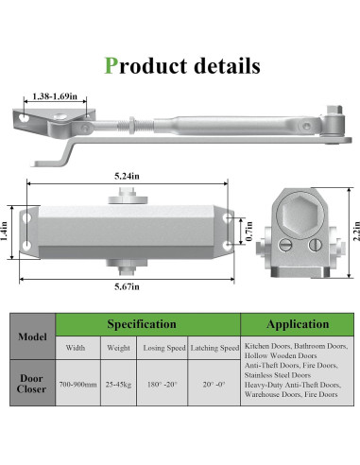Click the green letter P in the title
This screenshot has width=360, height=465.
coord(111,65)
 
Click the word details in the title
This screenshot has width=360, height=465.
coord(227,65)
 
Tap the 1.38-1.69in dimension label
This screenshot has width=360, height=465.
coord(55,96)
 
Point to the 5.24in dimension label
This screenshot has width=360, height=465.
coord(127,176)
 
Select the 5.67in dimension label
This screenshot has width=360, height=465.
coord(127,286)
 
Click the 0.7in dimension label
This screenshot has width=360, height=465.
coord(249,232)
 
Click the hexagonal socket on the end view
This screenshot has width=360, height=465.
coord(298,215)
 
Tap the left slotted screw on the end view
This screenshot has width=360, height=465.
coord(285,245)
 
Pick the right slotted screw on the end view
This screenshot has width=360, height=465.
coord(315,245)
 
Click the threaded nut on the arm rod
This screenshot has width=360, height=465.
coord(132,125)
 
